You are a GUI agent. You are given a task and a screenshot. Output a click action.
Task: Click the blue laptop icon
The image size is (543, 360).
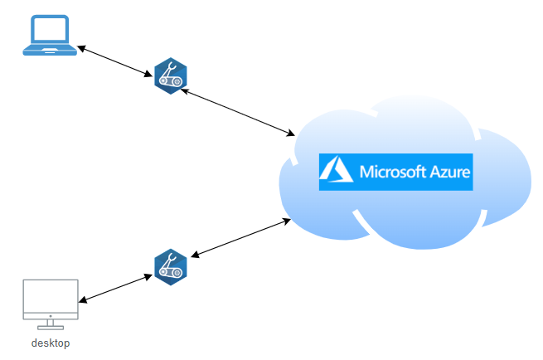point(50,36)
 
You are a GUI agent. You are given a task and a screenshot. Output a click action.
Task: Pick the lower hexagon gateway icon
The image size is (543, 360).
point(171,266)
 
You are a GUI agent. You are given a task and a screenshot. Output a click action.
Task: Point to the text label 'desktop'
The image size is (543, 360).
point(51,343)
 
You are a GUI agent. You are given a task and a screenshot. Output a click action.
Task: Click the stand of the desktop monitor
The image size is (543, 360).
point(51,325)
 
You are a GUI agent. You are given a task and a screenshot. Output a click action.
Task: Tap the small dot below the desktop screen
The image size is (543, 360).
point(51,315)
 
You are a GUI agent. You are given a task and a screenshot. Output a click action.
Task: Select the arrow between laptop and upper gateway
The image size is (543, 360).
point(117,64)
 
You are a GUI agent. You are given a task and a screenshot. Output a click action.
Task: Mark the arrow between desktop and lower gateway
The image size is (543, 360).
point(117,287)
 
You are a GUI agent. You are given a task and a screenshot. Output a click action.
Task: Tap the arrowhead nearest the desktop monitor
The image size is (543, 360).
point(84,299)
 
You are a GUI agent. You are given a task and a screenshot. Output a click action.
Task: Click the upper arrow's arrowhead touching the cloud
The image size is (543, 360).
point(291,134)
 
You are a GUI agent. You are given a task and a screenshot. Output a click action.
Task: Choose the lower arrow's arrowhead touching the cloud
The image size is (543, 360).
point(286,220)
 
